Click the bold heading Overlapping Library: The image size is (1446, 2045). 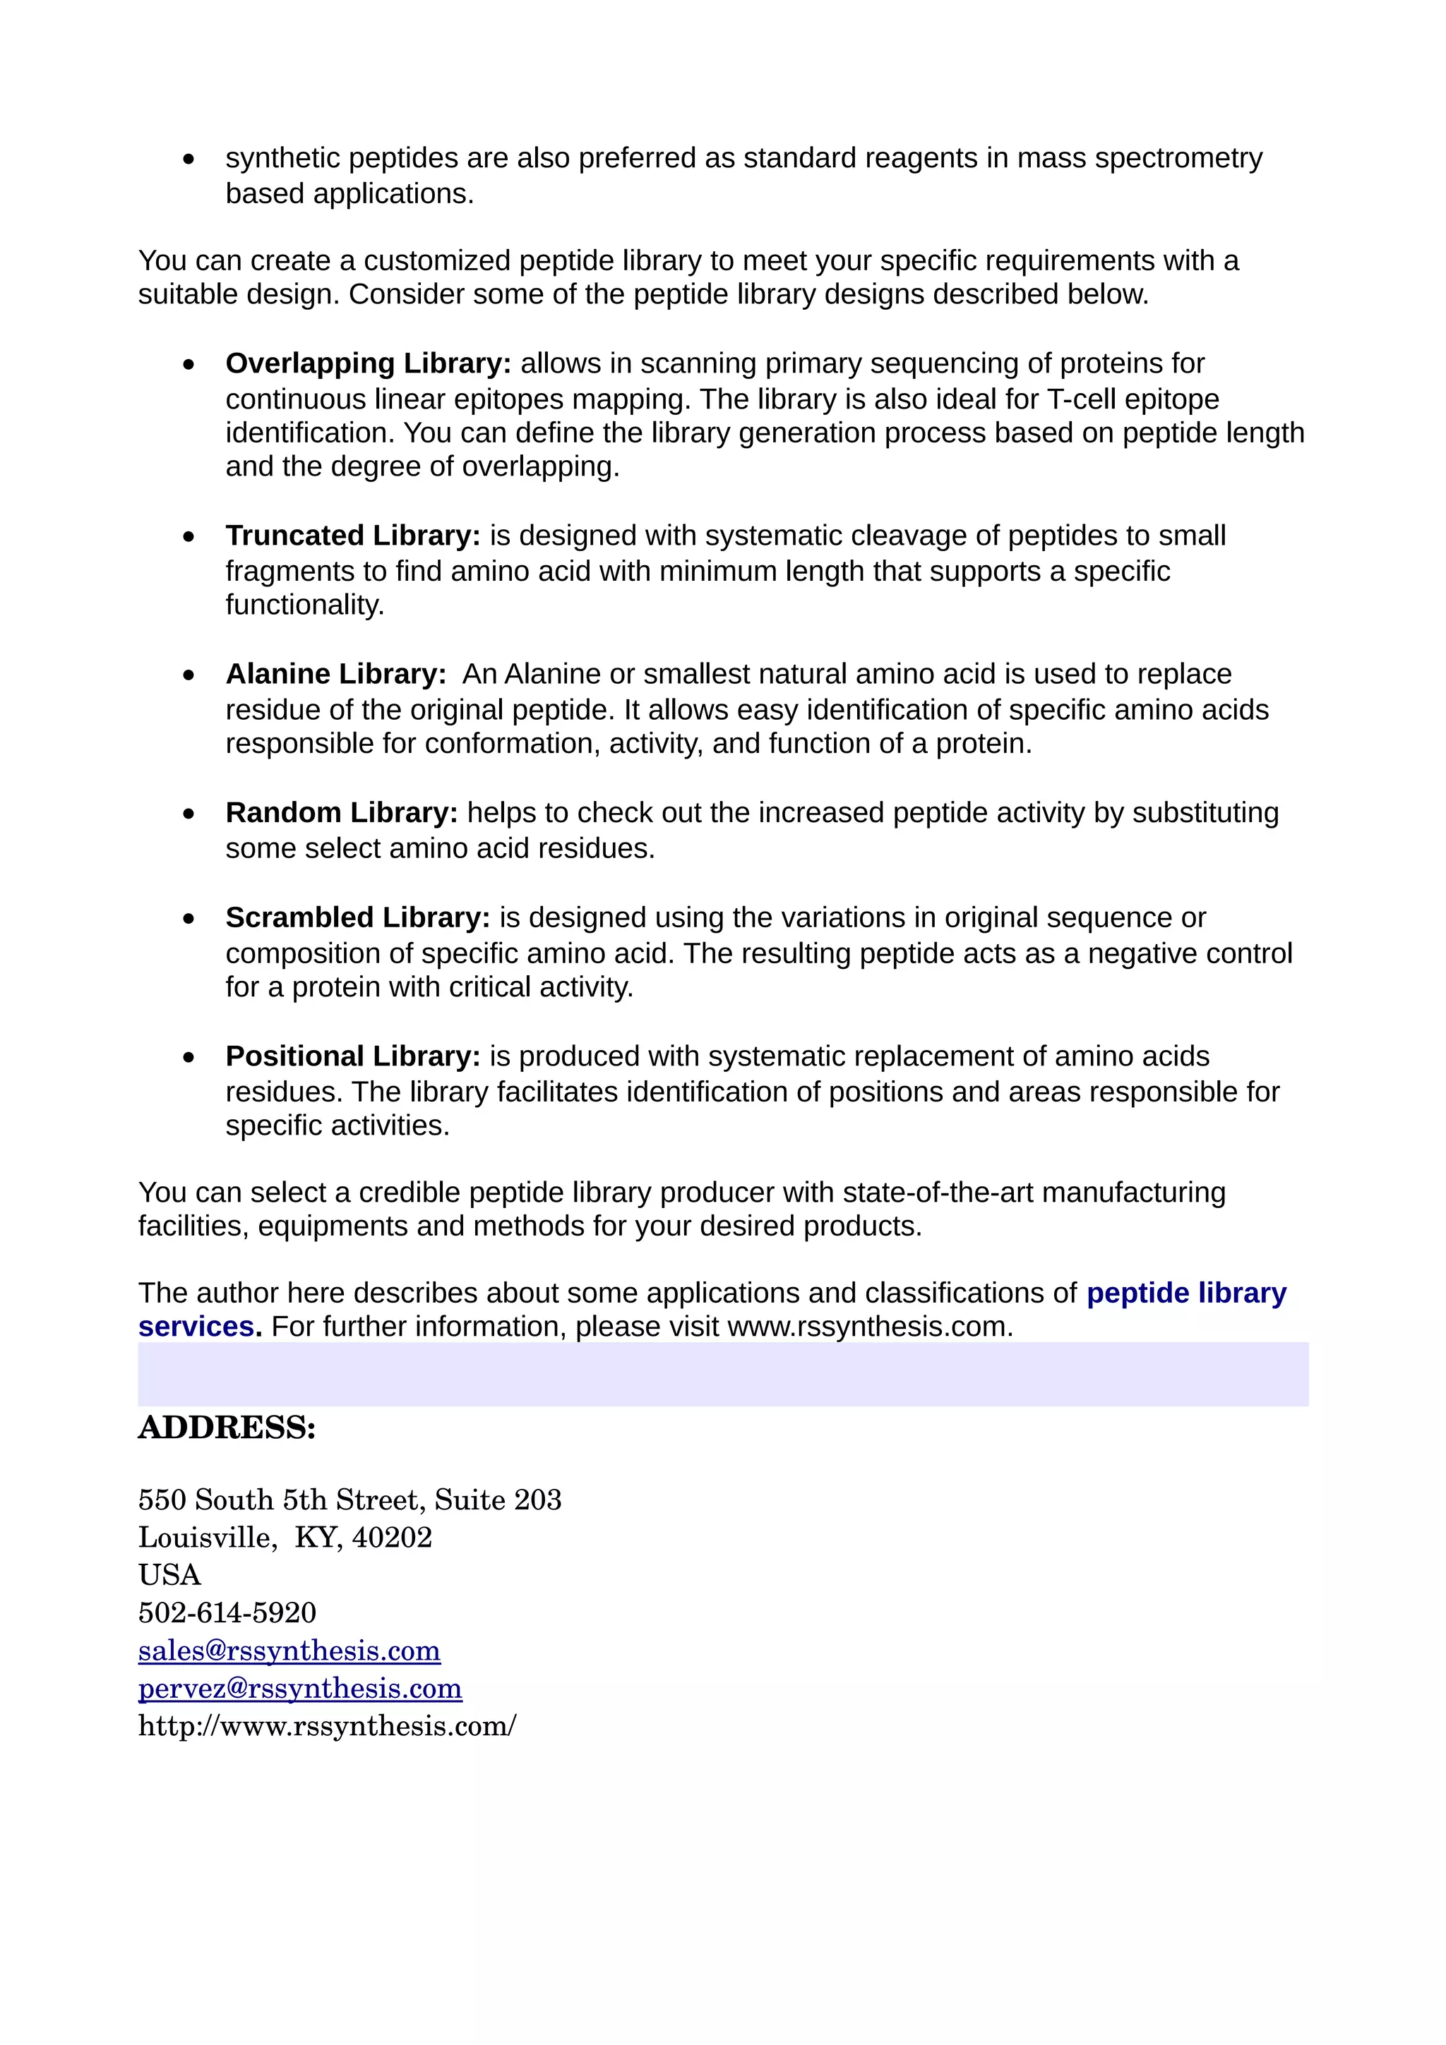(368, 363)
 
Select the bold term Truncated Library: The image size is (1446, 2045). (353, 536)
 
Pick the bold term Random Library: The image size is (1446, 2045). (341, 812)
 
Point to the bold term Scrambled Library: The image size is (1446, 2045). (357, 917)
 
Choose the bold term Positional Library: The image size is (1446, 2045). (353, 1056)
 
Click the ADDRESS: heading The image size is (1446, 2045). (227, 1428)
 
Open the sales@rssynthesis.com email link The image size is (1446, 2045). (289, 1651)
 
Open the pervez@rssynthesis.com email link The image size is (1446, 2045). (299, 1688)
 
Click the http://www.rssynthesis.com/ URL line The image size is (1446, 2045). (327, 1726)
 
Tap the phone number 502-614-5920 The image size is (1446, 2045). (227, 1612)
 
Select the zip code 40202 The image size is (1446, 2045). (392, 1538)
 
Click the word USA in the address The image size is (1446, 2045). (169, 1575)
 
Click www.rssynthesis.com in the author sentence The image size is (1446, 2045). (868, 1327)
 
